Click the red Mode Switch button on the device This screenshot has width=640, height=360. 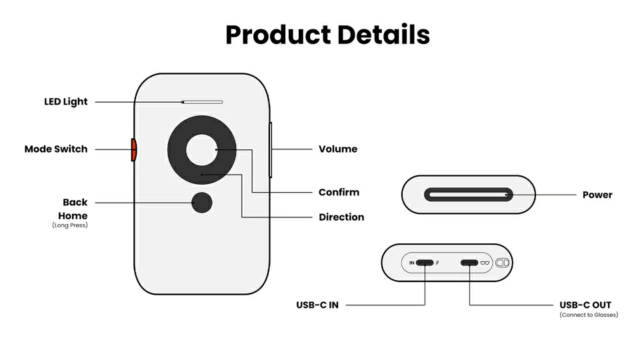(x=133, y=149)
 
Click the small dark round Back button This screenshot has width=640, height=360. (x=201, y=203)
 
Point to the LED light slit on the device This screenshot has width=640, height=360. (x=202, y=102)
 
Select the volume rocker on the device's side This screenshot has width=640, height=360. (x=271, y=149)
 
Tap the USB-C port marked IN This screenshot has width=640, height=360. (x=425, y=263)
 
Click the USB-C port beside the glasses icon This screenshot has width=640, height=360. (x=470, y=263)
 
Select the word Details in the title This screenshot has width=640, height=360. (x=385, y=34)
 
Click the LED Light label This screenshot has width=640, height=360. (x=66, y=102)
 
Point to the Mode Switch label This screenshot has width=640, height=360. (x=56, y=149)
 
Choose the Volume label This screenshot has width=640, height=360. (x=338, y=149)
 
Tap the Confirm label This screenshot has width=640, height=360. (x=339, y=192)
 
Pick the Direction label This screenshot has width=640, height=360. (x=341, y=217)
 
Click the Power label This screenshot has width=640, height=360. (x=597, y=195)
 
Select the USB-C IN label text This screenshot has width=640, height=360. (x=317, y=305)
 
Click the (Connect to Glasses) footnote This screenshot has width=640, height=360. (x=589, y=315)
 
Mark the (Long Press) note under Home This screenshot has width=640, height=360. (x=69, y=225)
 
